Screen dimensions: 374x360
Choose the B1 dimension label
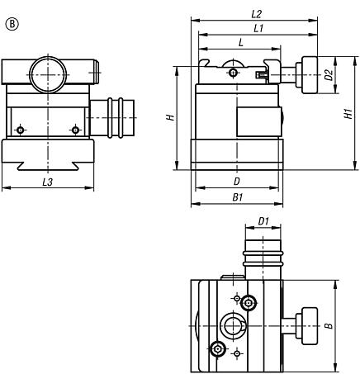[x=237, y=198]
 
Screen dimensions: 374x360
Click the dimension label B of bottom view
[x=329, y=326]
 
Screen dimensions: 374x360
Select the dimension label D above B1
[x=237, y=180]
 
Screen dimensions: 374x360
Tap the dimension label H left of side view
[x=168, y=117]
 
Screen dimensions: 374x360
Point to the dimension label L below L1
[x=240, y=41]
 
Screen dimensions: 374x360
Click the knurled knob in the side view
[x=310, y=76]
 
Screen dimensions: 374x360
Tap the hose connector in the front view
[x=112, y=117]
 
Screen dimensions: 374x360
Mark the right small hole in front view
[x=75, y=129]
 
